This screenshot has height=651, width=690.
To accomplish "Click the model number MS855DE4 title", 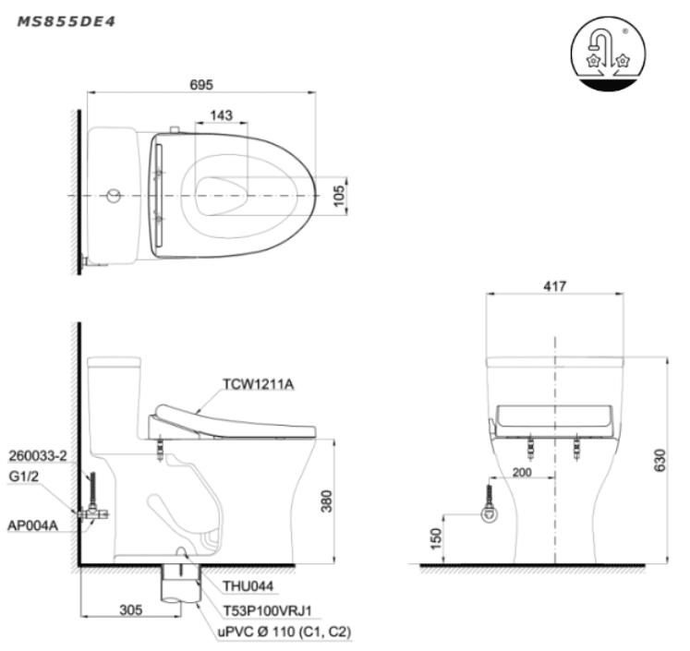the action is [x=66, y=21].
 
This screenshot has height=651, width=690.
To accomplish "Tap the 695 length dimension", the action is [x=201, y=84].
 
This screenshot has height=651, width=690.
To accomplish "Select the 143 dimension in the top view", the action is [x=221, y=115].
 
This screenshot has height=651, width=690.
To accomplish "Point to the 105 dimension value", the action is [x=338, y=196].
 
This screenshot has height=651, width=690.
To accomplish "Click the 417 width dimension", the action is [x=554, y=286].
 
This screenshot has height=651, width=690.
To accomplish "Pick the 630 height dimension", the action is [x=660, y=460].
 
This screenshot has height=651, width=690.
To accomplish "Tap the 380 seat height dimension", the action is [x=326, y=501].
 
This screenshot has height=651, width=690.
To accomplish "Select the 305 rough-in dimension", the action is [x=130, y=609].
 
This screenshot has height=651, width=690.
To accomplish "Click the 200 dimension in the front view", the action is [x=522, y=473].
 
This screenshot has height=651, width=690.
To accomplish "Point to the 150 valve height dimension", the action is [x=435, y=539].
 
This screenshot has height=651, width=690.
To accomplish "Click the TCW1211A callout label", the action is [x=259, y=384].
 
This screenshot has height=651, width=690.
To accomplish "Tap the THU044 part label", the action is [x=248, y=585].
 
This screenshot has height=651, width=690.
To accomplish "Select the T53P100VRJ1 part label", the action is [x=267, y=610].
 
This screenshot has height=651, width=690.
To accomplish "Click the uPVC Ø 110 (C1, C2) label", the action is [x=284, y=633].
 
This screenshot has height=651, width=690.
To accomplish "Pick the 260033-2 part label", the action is [x=38, y=456].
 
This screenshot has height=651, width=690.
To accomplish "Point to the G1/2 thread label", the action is [x=23, y=476].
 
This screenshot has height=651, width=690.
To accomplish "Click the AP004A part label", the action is [x=33, y=525].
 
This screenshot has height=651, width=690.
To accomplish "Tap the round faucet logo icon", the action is [x=608, y=54].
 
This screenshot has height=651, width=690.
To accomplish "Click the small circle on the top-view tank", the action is [x=114, y=196].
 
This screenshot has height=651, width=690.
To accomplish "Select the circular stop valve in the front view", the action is [x=489, y=513].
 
